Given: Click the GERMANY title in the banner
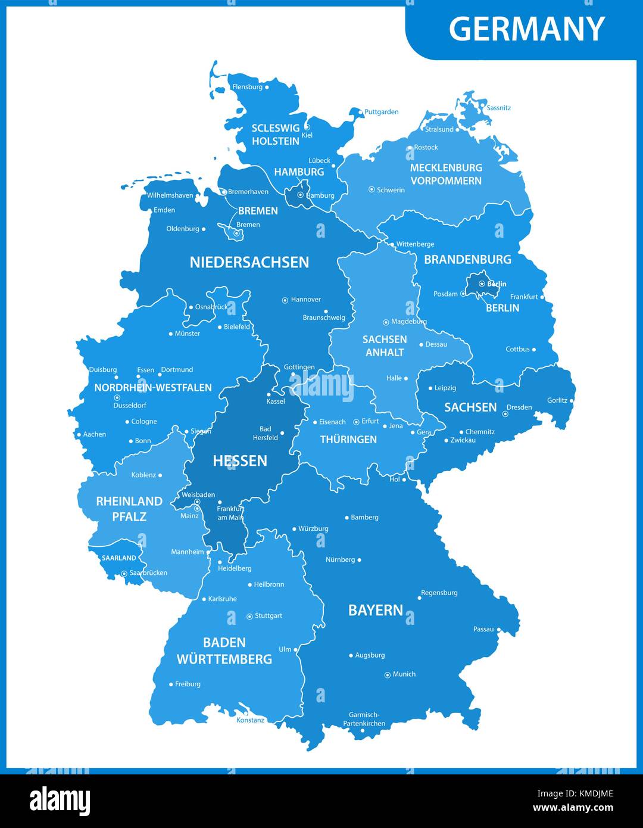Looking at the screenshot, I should click(x=526, y=29).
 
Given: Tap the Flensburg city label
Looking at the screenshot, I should click(x=247, y=87).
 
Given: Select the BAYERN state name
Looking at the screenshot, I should click(x=376, y=610).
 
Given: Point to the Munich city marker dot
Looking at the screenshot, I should click(x=388, y=675).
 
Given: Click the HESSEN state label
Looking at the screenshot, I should click(x=240, y=460).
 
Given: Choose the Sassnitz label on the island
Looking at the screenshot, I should click(x=499, y=108).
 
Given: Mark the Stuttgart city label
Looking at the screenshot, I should click(x=269, y=616).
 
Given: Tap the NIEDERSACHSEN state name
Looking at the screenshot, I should click(x=249, y=262).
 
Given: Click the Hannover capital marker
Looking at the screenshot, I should click(x=285, y=300).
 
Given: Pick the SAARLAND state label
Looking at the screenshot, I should click(x=118, y=558).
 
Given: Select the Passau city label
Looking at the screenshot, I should click(x=483, y=629).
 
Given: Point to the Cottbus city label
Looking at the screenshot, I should click(x=517, y=349).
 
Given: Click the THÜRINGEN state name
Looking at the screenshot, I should click(x=348, y=440).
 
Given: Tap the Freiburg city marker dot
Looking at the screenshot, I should click(x=171, y=684).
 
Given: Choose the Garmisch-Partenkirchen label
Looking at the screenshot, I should click(x=364, y=719).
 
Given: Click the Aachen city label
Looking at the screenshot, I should click(x=95, y=434).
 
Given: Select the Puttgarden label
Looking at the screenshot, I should click(x=382, y=112).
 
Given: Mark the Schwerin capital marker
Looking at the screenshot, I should click(x=372, y=189).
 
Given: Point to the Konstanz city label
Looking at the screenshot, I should click(x=250, y=720).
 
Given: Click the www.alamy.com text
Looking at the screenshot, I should click(x=573, y=808).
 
